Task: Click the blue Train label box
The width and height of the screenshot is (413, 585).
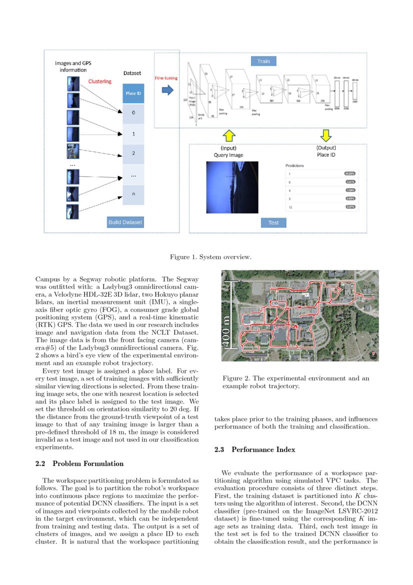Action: click(263, 61)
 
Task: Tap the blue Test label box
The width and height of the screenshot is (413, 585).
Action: click(273, 222)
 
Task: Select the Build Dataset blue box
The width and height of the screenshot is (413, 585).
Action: click(125, 222)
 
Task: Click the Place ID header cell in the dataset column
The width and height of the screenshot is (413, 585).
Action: click(133, 93)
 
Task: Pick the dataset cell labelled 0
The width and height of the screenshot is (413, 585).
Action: click(133, 113)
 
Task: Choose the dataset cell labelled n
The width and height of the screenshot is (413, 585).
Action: click(133, 194)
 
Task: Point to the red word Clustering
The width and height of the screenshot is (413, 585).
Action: click(100, 81)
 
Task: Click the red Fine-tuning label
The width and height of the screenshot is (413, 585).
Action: click(166, 78)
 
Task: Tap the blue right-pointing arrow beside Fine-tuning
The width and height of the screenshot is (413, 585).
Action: click(167, 90)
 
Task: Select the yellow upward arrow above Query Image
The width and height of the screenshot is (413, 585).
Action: click(228, 135)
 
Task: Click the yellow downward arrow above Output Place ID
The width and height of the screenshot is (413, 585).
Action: click(326, 135)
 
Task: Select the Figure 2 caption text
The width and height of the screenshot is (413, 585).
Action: click(296, 382)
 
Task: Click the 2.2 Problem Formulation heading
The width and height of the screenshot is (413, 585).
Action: click(79, 463)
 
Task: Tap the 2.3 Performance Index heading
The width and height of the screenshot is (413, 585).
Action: click(255, 449)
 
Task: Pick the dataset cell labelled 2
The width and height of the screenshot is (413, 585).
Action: click(133, 153)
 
